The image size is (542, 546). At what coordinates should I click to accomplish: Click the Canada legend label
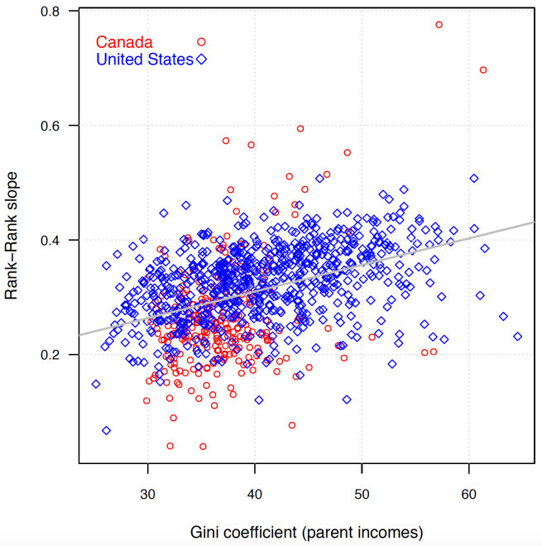tap(124, 41)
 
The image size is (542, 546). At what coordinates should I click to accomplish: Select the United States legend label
tap(145, 60)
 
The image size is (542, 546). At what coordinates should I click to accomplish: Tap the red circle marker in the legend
tap(201, 41)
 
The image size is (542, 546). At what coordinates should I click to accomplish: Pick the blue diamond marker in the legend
tap(201, 60)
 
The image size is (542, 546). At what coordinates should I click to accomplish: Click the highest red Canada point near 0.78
tap(439, 25)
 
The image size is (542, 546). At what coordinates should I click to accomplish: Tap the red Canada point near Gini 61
tap(483, 69)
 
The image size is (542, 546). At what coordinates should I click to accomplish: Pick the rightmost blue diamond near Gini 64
tap(518, 337)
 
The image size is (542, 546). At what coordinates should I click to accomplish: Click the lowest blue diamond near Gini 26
tap(106, 430)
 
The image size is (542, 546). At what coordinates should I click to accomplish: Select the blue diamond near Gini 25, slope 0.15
tap(96, 384)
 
